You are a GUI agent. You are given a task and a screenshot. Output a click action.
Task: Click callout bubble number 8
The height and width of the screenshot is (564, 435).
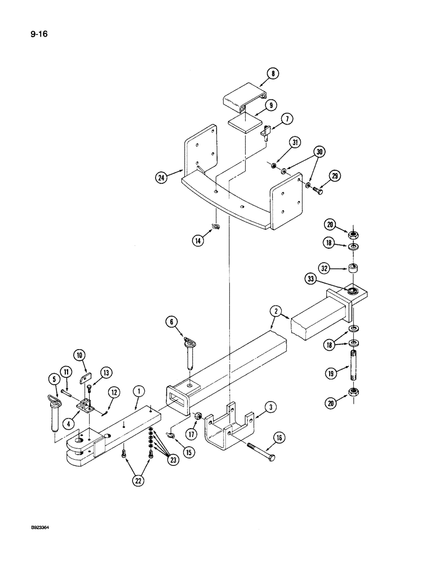pyautogui.click(x=274, y=73)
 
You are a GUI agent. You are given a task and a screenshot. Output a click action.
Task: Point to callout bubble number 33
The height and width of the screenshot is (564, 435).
pyautogui.click(x=326, y=278)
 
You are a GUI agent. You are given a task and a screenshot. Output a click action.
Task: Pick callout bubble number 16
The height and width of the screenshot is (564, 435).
pyautogui.click(x=278, y=438)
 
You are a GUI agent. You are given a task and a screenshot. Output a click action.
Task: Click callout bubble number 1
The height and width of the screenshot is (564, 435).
pyautogui.click(x=136, y=390)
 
